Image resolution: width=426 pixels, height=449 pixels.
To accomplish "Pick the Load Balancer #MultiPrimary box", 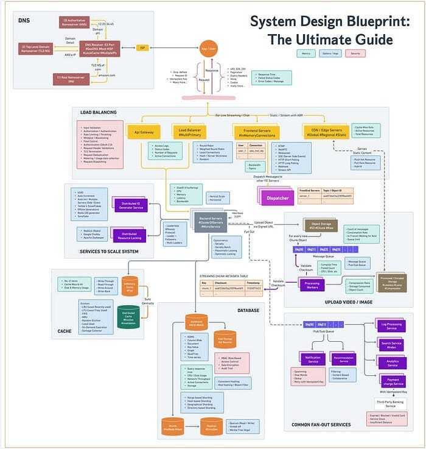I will [x=190, y=131].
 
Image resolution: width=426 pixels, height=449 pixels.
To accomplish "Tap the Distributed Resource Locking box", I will [x=129, y=234].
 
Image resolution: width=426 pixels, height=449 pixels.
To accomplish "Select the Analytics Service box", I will [x=393, y=363].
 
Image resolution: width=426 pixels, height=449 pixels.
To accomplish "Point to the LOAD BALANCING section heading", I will [x=98, y=112].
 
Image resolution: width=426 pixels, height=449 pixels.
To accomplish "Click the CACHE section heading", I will [x=65, y=331].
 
